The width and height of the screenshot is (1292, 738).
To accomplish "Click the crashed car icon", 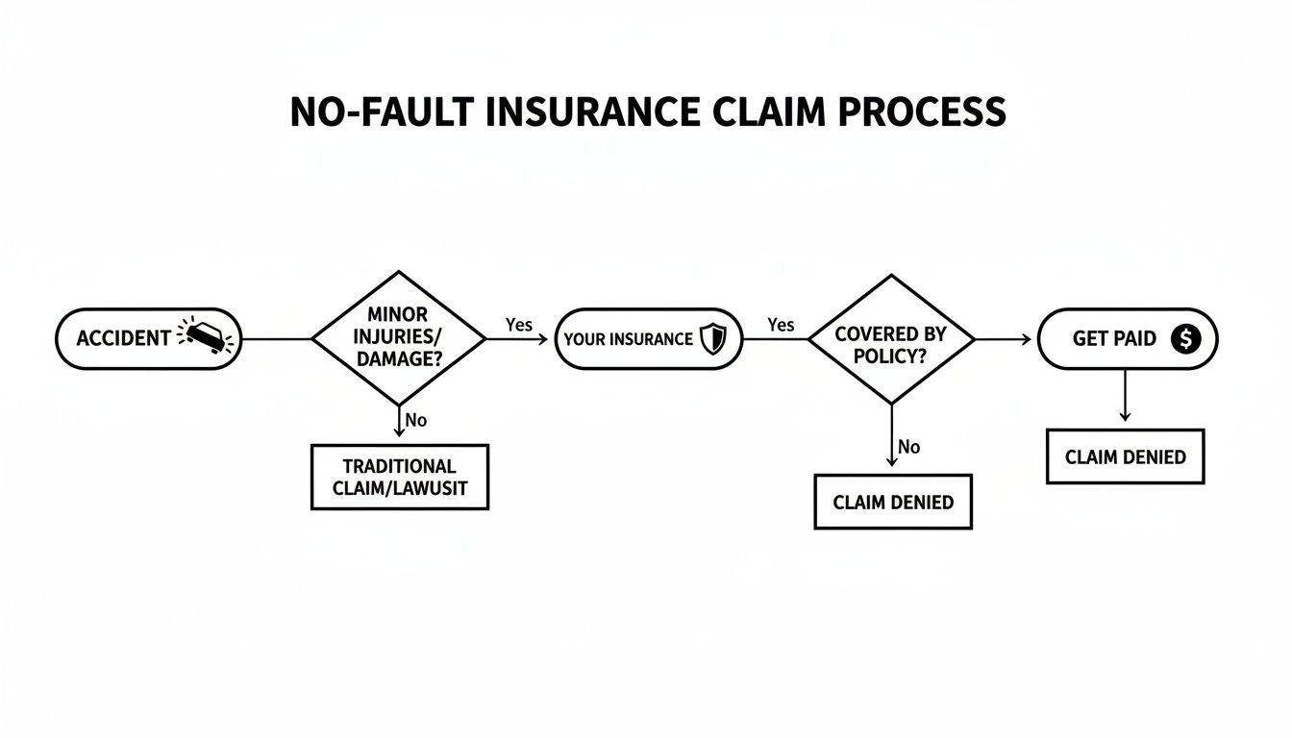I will pos(208,337).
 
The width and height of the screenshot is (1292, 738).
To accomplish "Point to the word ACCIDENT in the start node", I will pos(123,338).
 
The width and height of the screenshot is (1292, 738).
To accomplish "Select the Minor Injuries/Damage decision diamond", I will pos(398,338).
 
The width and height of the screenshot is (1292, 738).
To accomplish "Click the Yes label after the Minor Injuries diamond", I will pos(518,325).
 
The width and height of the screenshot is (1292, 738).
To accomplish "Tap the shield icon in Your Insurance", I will pos(712,338).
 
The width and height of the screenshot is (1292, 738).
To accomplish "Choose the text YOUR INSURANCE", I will pos(628,339).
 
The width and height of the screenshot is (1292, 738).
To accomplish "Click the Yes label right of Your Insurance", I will pos(781,325).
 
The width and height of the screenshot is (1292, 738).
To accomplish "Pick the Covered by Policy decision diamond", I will pos(891,339).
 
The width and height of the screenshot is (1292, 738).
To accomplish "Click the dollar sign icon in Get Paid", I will pos(1186,338).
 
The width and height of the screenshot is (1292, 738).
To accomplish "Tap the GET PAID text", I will pos(1115,338).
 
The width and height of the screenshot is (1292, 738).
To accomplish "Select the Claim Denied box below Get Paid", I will pos(1125,456).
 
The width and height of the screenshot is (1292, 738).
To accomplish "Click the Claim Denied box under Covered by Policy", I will pos(893,502).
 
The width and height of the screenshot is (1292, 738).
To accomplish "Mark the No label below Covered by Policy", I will pos(908,447).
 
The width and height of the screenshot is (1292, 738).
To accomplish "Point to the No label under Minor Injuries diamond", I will pos(415,420).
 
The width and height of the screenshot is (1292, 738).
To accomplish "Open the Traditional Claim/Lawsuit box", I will pos(400,477).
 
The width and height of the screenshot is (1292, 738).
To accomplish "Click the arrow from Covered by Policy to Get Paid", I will pos(1005,339).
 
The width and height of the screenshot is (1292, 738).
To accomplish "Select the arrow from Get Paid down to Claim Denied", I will pos(1125,396).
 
